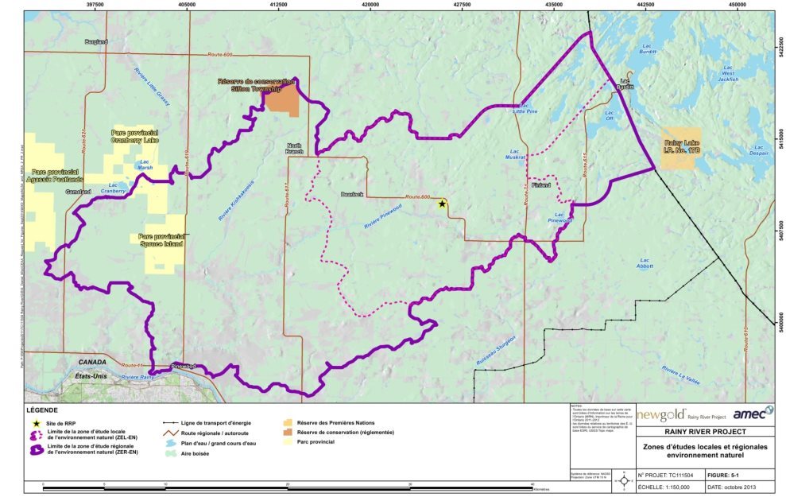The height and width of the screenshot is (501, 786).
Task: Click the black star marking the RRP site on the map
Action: pyautogui.click(x=442, y=204)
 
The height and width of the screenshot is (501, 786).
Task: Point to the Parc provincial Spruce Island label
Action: pyautogui.click(x=161, y=241)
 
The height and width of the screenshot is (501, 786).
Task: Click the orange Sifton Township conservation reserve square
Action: pyautogui.click(x=282, y=100)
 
